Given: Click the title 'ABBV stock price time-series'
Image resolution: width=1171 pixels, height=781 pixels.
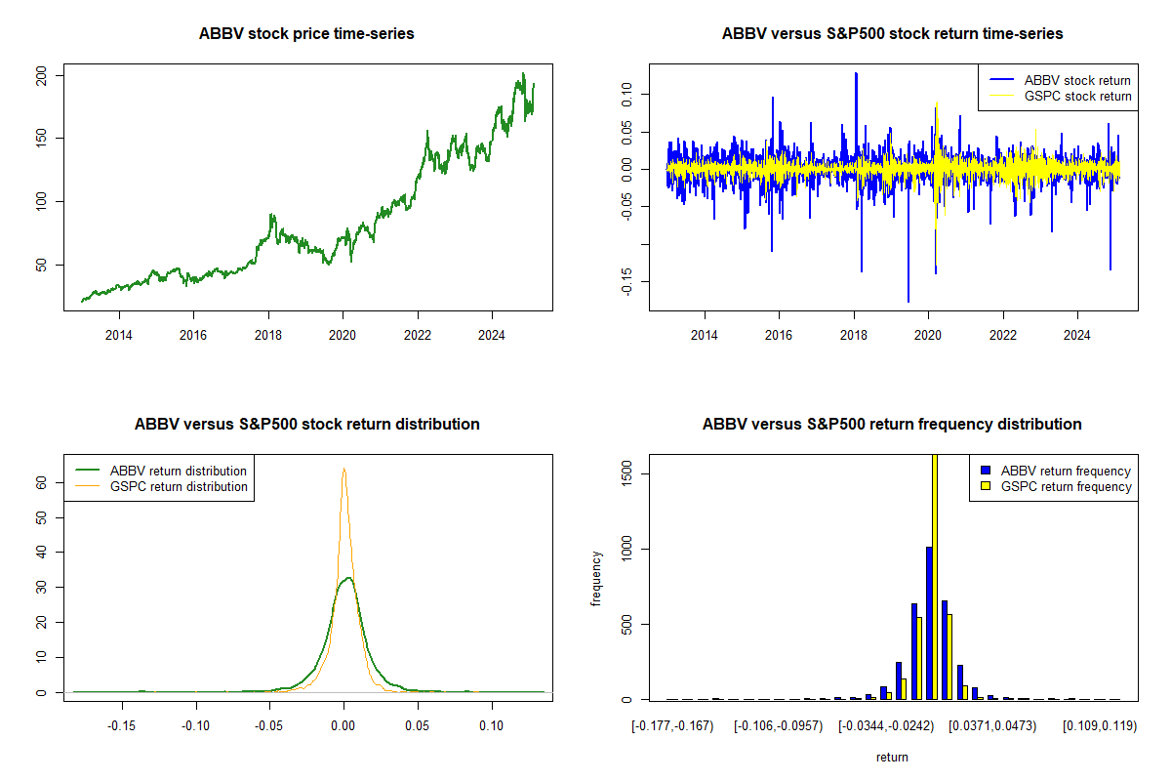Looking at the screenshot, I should click(306, 34).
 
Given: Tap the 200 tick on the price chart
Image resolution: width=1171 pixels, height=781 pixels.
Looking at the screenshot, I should click(56, 75).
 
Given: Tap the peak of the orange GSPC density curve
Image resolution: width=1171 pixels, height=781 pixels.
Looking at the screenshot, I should click(343, 469).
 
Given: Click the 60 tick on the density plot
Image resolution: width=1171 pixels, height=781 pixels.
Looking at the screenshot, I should click(56, 482).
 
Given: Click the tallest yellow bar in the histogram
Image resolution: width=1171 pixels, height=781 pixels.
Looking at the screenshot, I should click(935, 576).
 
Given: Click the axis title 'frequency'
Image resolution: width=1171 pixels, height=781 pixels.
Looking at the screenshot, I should click(597, 578).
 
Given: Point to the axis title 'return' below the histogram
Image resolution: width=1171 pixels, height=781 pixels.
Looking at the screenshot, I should click(891, 757).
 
